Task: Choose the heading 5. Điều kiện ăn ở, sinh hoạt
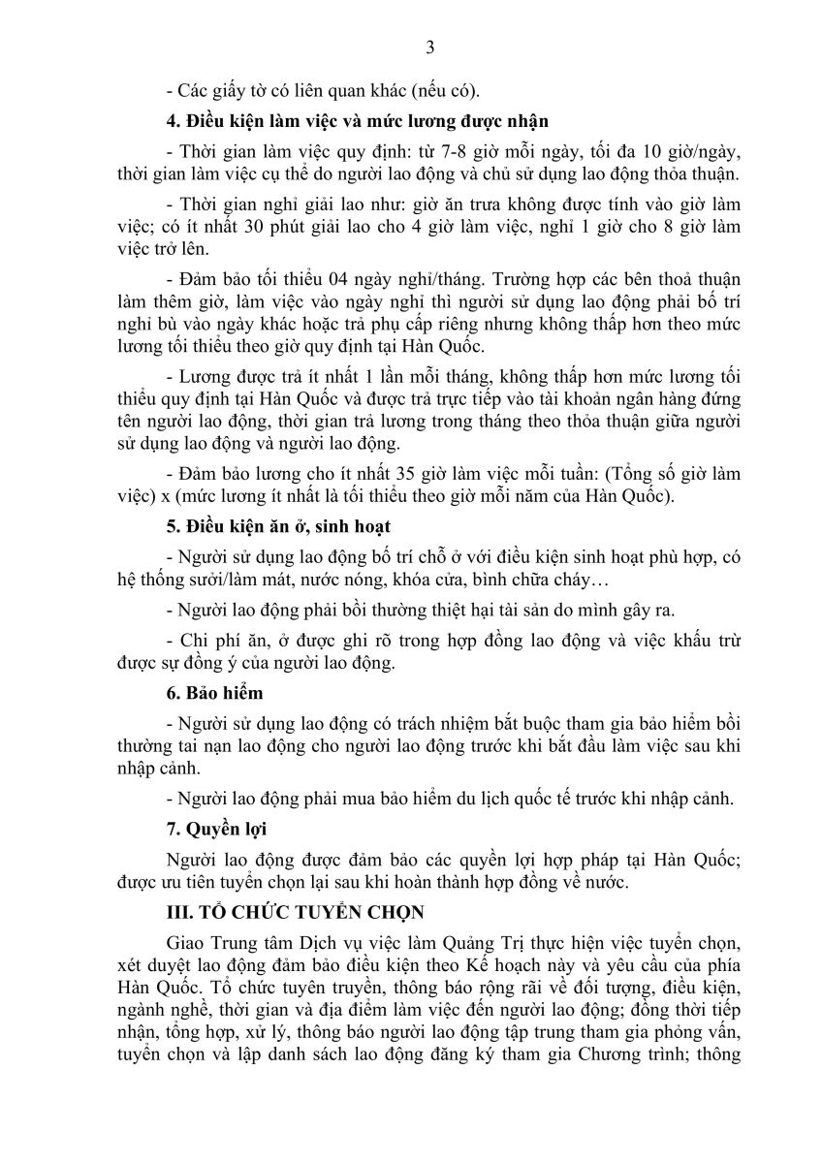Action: (x=277, y=527)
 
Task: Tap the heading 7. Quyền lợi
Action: (x=216, y=831)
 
